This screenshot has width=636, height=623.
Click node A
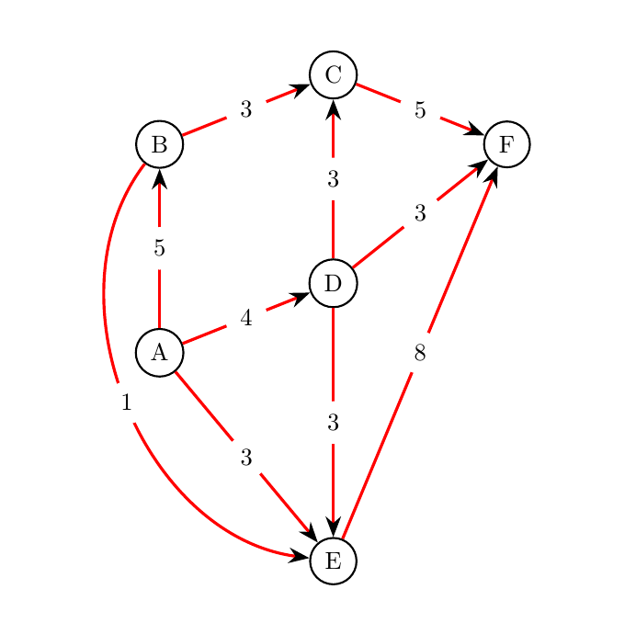pyautogui.click(x=159, y=352)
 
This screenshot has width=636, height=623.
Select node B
pyautogui.click(x=159, y=144)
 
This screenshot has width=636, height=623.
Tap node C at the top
pyautogui.click(x=333, y=74)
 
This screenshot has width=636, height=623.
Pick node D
pyautogui.click(x=333, y=283)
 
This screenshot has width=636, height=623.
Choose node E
pyautogui.click(x=333, y=561)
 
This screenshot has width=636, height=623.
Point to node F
pyautogui.click(x=506, y=144)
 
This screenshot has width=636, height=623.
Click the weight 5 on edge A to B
pyautogui.click(x=159, y=248)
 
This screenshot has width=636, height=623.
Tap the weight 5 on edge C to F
pyautogui.click(x=420, y=110)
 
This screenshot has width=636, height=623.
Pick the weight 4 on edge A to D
pyautogui.click(x=245, y=318)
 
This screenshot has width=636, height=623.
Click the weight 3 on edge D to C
pyautogui.click(x=333, y=179)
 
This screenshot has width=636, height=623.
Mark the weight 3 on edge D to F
pyautogui.click(x=420, y=214)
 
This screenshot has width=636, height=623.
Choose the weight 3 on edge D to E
pyautogui.click(x=333, y=423)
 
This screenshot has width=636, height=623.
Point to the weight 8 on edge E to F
pyautogui.click(x=420, y=353)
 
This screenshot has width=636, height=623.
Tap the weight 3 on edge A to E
pyautogui.click(x=245, y=458)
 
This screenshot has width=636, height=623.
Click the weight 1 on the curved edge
pyautogui.click(x=126, y=402)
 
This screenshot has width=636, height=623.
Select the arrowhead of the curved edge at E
pyautogui.click(x=300, y=555)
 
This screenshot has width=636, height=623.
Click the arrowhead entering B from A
pyautogui.click(x=159, y=177)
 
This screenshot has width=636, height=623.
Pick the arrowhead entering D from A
pyautogui.click(x=301, y=296)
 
